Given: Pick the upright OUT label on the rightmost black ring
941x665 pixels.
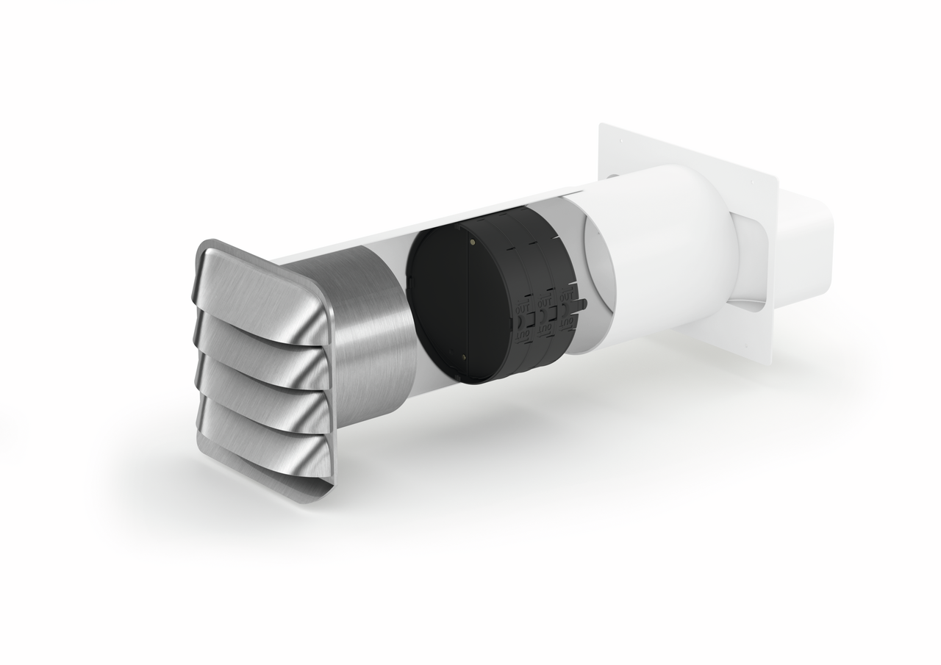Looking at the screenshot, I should (x=567, y=296).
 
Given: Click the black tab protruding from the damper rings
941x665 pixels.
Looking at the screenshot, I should (x=583, y=302).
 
